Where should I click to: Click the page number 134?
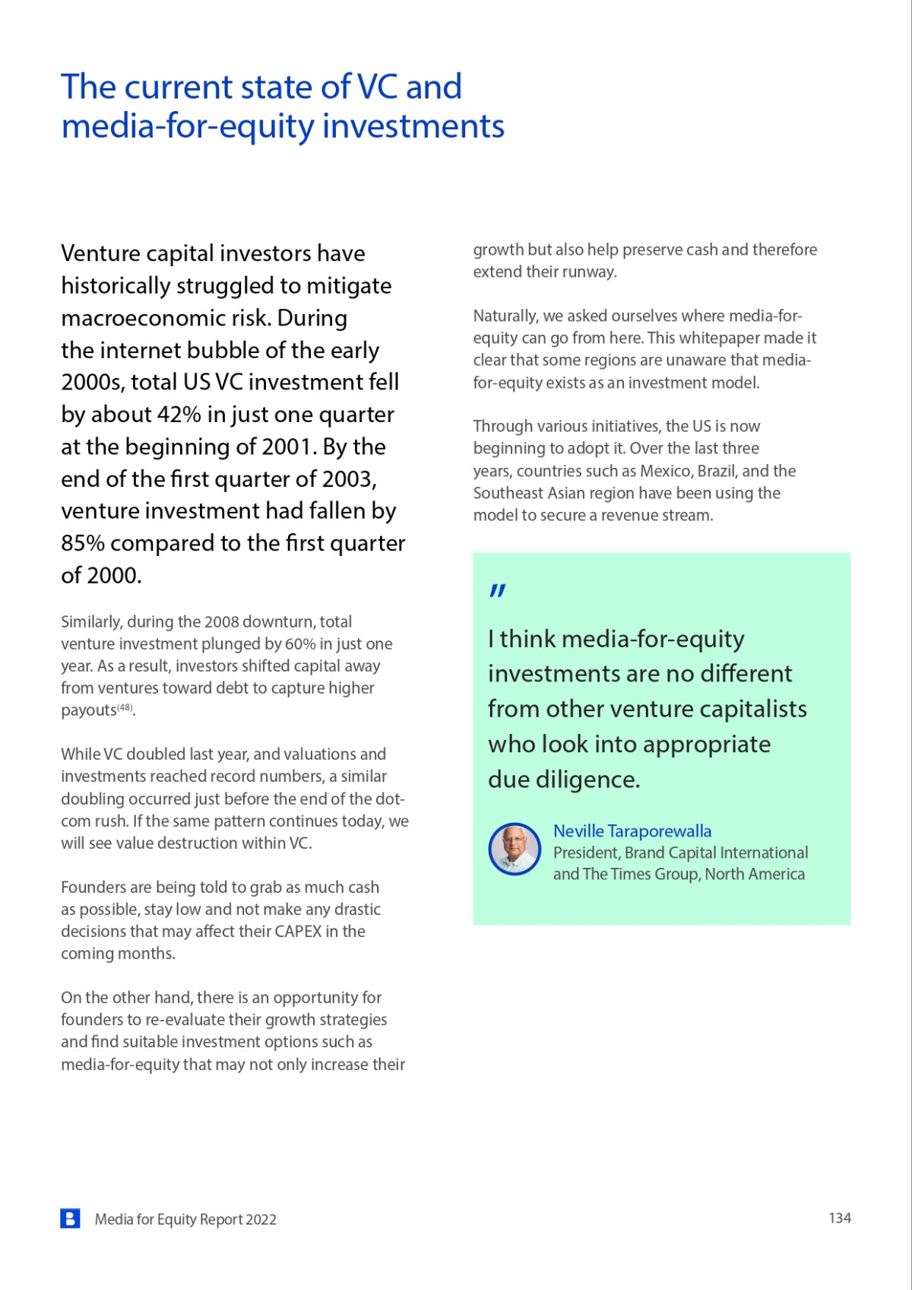click(x=839, y=1218)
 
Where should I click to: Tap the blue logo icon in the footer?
click(x=70, y=1219)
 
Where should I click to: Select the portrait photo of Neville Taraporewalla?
click(x=515, y=849)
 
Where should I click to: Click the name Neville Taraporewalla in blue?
click(x=632, y=831)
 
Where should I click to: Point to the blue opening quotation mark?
click(x=498, y=591)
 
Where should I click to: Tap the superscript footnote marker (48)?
click(x=125, y=707)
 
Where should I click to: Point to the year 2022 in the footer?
click(x=261, y=1219)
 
